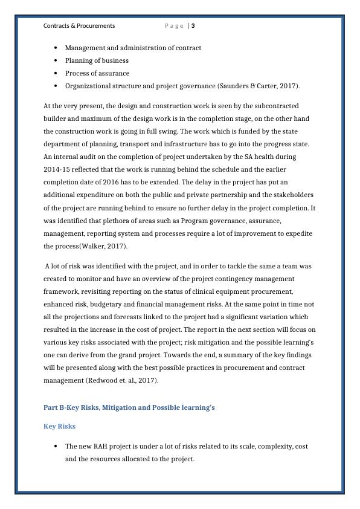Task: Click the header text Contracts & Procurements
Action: coord(79,26)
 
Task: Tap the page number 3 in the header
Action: coord(193,26)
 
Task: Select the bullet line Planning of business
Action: coord(97,60)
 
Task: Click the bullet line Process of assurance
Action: coord(97,73)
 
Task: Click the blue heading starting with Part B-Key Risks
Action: coord(129,407)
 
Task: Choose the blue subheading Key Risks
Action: coord(59,426)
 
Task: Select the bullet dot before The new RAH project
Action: coord(56,446)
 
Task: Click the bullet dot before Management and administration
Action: coord(56,48)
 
